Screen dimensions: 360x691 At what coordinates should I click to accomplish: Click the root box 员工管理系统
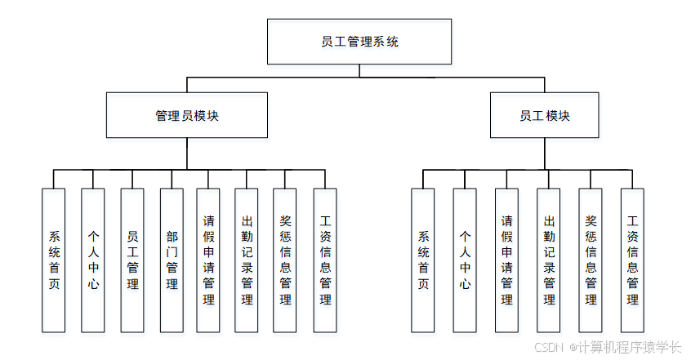point(359,42)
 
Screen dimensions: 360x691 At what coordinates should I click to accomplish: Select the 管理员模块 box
point(187,115)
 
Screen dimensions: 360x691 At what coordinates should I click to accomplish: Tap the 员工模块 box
point(544,115)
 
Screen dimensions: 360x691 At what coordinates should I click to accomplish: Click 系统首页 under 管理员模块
point(54,260)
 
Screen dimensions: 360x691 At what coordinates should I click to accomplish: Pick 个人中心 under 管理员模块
point(93,260)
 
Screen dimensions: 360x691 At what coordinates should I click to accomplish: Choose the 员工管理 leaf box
point(132,260)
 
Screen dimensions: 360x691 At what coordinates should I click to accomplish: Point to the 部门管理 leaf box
point(172,260)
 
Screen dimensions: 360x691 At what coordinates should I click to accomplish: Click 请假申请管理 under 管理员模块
point(208,260)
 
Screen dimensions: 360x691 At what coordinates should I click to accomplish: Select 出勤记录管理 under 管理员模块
point(247,260)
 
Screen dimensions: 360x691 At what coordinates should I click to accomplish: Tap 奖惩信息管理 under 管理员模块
point(285,260)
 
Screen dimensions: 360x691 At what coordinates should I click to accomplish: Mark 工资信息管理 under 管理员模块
point(325,260)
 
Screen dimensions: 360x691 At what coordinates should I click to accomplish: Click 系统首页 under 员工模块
point(423,260)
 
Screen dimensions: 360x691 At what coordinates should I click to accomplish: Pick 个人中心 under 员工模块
point(465,260)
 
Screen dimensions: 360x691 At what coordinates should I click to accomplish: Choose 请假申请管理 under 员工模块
point(506,260)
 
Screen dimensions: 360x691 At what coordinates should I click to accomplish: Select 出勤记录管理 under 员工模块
point(548,260)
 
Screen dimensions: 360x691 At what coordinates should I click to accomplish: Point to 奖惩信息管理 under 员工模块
point(591,260)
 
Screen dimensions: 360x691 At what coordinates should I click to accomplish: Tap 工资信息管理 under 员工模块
point(632,260)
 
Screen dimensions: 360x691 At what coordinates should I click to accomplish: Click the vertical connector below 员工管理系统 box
point(359,70)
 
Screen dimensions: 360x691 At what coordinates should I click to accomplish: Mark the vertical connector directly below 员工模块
point(544,153)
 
